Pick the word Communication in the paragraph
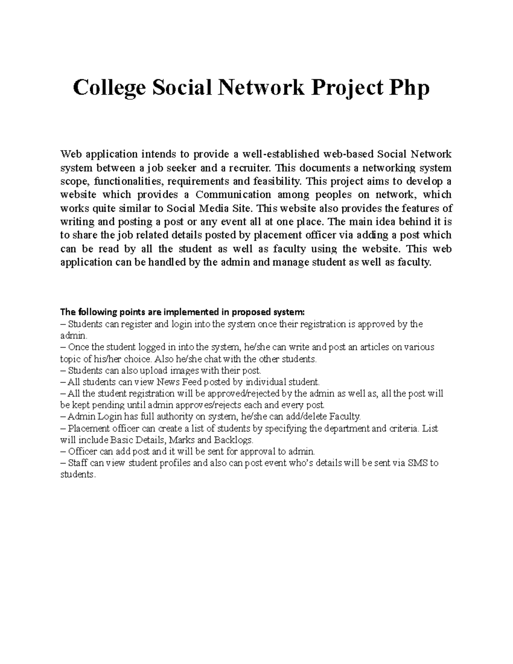(x=233, y=195)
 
